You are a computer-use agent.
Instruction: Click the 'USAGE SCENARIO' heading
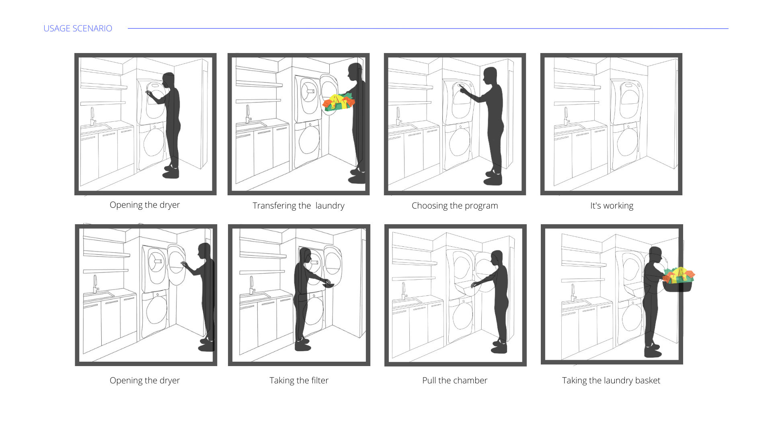[x=78, y=29]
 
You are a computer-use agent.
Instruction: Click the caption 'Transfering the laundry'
[x=298, y=206]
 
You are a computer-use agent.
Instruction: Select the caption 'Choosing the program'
[x=454, y=206]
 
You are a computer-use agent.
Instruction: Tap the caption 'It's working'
[x=612, y=206]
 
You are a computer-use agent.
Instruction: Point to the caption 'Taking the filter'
[x=299, y=381]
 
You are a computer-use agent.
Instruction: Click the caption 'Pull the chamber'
[x=454, y=381]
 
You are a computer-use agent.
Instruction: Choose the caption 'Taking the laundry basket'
[x=611, y=381]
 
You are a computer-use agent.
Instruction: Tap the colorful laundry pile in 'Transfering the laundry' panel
[x=339, y=102]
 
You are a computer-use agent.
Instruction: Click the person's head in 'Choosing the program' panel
[x=490, y=75]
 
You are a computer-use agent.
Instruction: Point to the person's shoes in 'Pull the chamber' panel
[x=499, y=347]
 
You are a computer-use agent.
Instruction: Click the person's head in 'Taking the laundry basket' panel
[x=655, y=254]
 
